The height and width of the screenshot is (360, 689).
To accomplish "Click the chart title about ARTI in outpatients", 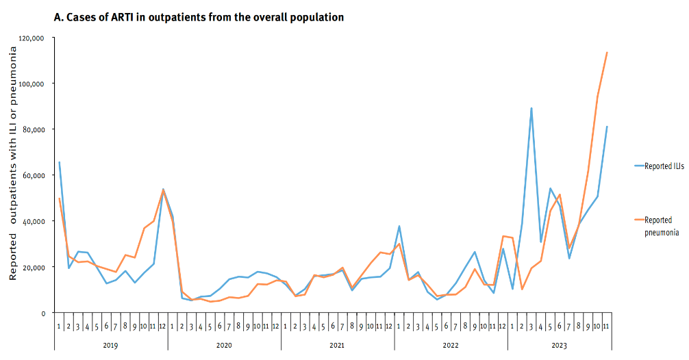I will [x=199, y=17].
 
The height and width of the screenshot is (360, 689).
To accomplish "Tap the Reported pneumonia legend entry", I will [x=661, y=226].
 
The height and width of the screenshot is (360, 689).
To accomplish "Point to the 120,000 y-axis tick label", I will [x=32, y=38].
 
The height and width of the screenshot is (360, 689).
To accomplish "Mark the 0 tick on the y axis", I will [x=42, y=313].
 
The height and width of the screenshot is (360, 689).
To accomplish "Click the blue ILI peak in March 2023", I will [x=531, y=108].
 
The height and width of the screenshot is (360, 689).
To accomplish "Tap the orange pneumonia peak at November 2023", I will [x=607, y=53].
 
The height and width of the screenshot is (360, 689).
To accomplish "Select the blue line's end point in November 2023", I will [x=607, y=127].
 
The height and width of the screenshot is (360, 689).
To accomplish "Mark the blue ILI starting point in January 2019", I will [x=60, y=162].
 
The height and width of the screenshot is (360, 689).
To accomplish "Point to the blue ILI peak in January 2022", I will [x=399, y=227].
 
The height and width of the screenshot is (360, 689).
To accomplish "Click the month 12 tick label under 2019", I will [x=162, y=326].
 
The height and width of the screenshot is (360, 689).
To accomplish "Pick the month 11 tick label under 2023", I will [x=606, y=326].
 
